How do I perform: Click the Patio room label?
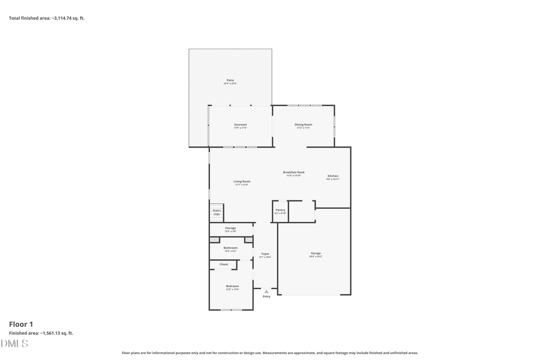(x=230, y=80)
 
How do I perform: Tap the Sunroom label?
(x=240, y=124)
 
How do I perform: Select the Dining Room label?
(x=303, y=124)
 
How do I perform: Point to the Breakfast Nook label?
(x=294, y=172)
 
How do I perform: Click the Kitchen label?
(x=332, y=176)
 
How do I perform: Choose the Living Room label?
(x=242, y=181)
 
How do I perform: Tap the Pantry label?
(x=280, y=210)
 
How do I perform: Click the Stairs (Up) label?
(x=217, y=212)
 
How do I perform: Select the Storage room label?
(x=230, y=228)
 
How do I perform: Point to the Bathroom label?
(x=230, y=248)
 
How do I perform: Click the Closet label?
(x=223, y=264)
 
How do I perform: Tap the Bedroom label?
(x=232, y=286)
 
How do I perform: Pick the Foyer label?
(x=265, y=254)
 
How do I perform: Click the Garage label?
(x=316, y=253)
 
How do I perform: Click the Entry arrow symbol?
(x=266, y=292)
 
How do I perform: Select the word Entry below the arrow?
(x=266, y=296)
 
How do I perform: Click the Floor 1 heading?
(x=21, y=324)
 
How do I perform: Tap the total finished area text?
(x=47, y=18)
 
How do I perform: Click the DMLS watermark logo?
(x=14, y=343)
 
